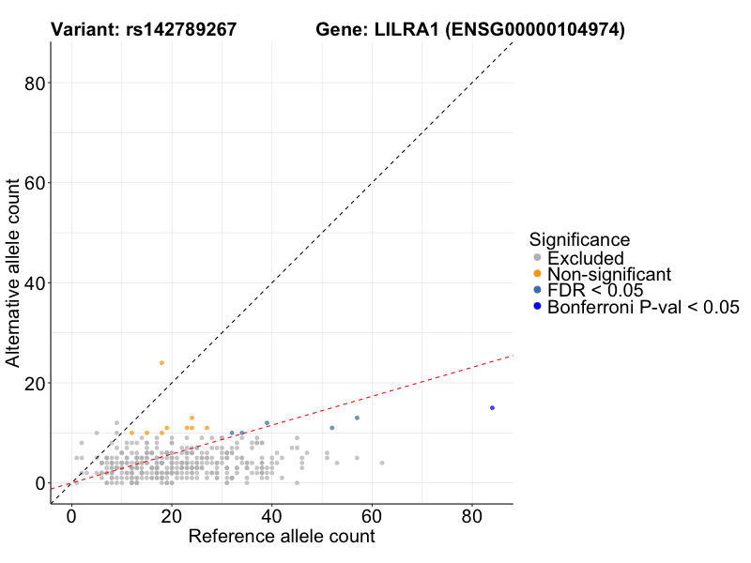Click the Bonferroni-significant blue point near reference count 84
coord(492,408)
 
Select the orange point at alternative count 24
coord(161,363)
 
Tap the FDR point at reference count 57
coord(357,418)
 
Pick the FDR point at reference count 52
coord(331,428)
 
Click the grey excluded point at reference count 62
coord(382,463)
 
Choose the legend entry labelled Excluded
coord(585,258)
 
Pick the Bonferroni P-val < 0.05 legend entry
coord(643,307)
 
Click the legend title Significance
coord(579,239)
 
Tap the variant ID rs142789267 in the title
coord(183,31)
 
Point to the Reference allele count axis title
coord(282,537)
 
